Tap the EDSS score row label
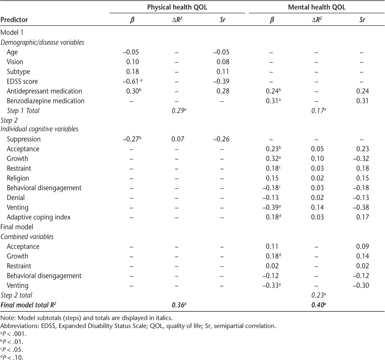tap(22, 81)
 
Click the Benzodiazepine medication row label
tap(46, 101)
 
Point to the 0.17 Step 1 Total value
tap(316, 111)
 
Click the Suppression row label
tap(24, 139)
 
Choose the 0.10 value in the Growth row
tap(316, 159)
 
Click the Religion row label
tap(18, 178)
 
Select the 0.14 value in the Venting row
tap(316, 208)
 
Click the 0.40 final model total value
tap(316, 305)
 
